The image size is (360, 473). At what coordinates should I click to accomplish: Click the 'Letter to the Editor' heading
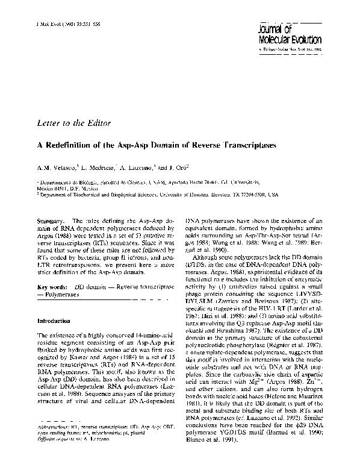click(73, 124)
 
